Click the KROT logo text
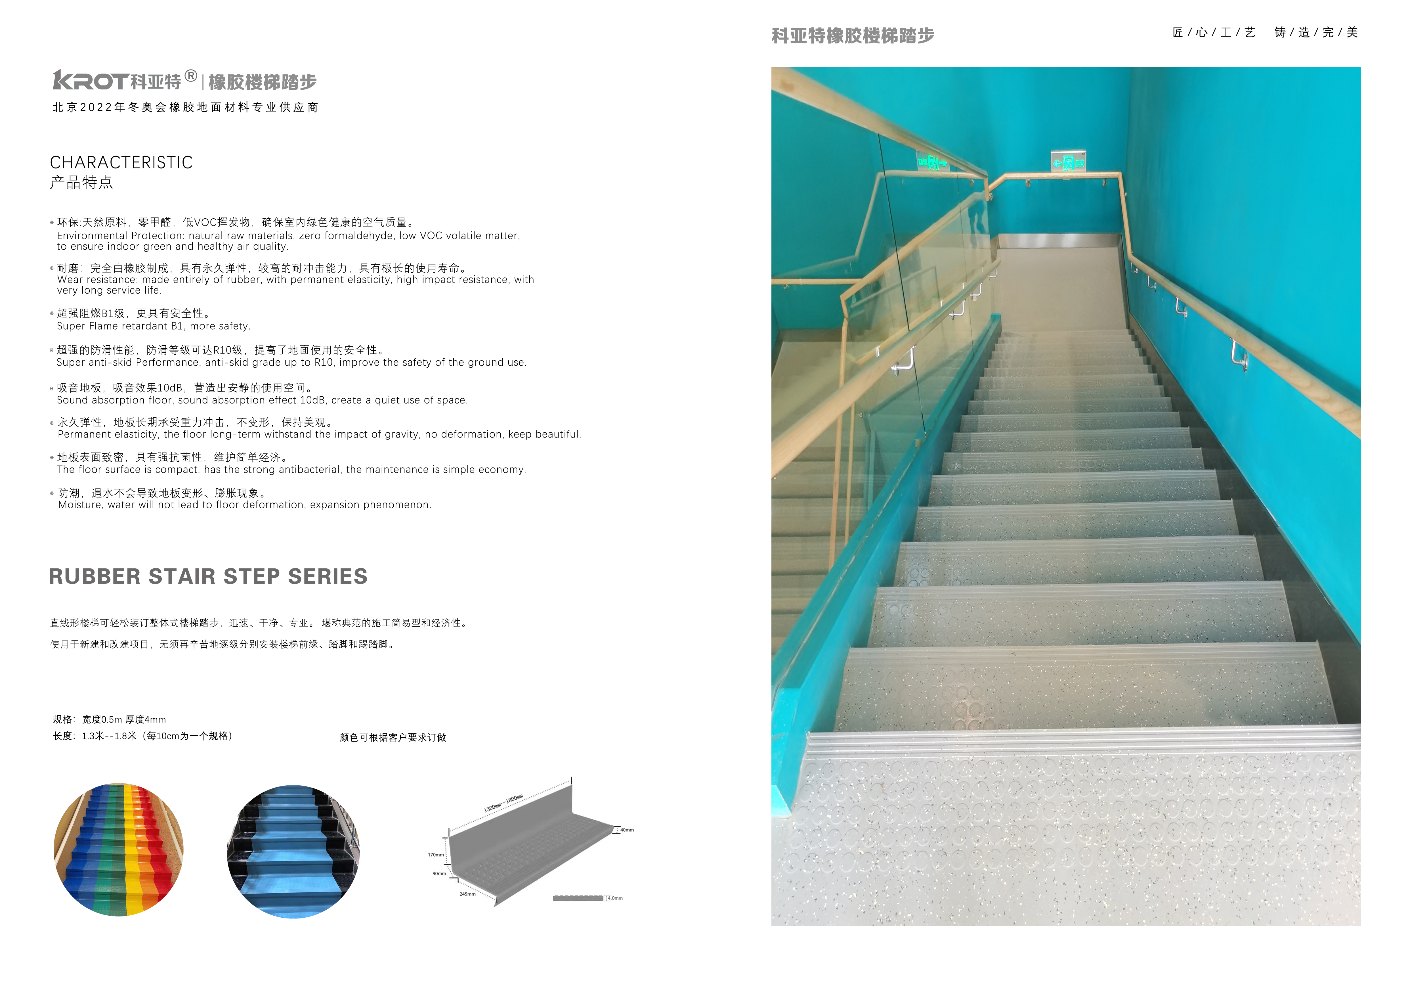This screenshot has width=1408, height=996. pos(91,81)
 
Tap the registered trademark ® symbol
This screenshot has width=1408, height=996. pos(191,76)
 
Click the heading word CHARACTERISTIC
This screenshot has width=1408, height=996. pos(121,162)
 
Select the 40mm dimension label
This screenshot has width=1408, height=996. pos(627,830)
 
